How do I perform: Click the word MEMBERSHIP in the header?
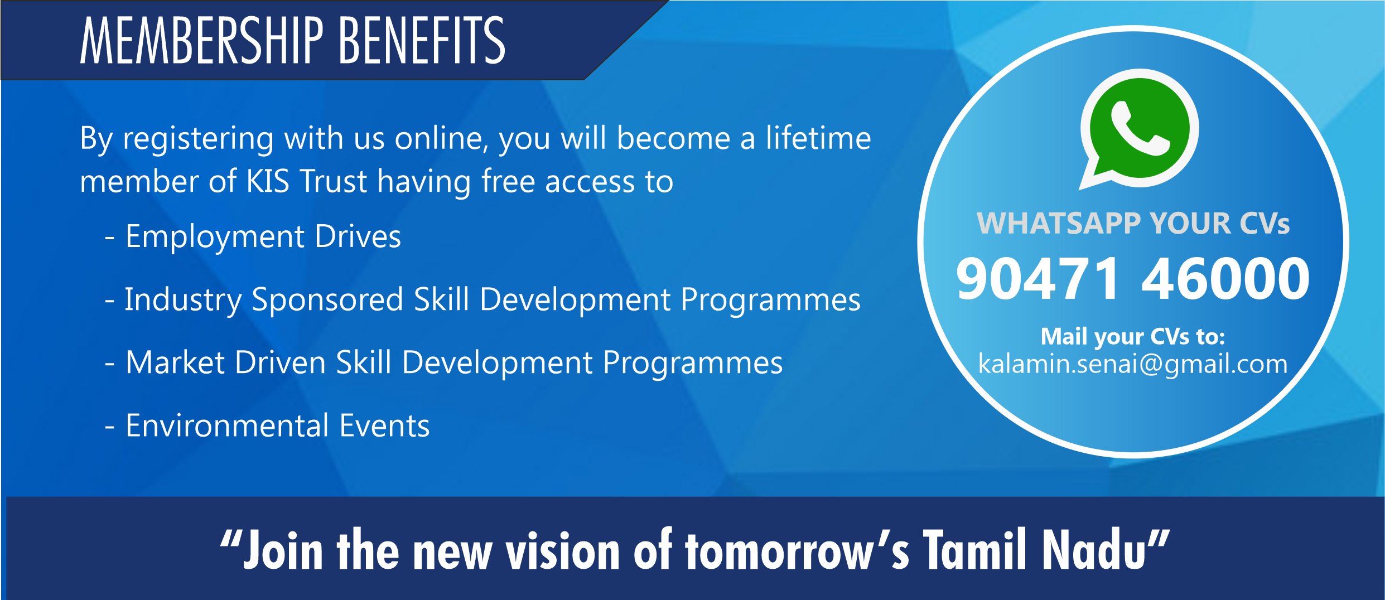(x=201, y=40)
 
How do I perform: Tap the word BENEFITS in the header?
(x=422, y=40)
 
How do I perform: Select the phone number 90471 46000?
(x=1133, y=278)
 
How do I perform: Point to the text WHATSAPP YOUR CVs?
(x=1133, y=224)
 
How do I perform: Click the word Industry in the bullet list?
(x=183, y=301)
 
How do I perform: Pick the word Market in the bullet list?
(x=175, y=362)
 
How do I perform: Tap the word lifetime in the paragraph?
(x=818, y=138)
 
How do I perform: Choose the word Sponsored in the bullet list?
(x=327, y=301)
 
